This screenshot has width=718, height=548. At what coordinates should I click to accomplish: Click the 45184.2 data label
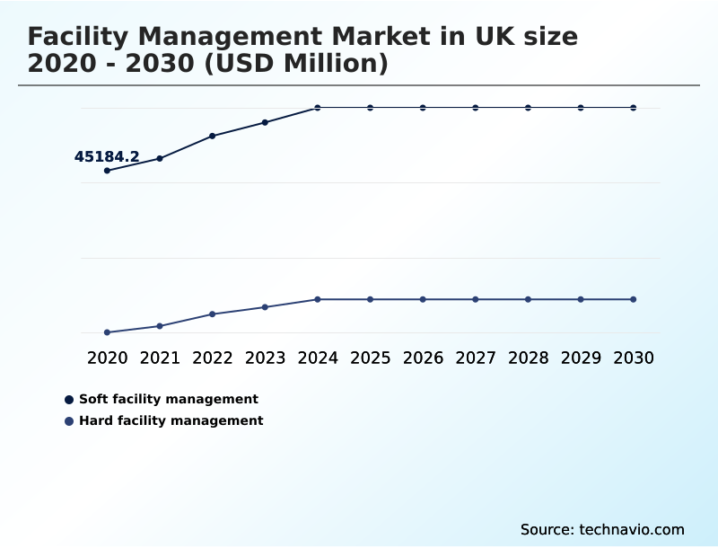(107, 157)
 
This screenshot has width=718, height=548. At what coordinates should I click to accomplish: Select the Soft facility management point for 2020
(108, 171)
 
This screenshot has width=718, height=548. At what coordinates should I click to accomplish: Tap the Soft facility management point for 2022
(213, 136)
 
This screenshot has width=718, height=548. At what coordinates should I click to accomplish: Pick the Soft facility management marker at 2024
(318, 108)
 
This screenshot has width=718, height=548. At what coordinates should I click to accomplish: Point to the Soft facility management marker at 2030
(634, 108)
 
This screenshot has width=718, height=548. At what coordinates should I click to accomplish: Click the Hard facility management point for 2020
(108, 332)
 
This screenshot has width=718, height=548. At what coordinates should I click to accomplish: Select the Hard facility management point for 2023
(265, 307)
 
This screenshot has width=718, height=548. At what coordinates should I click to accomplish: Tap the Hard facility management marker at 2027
(476, 299)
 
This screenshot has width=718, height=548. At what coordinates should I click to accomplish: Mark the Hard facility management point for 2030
(634, 299)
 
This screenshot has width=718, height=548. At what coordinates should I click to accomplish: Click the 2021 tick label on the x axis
(160, 358)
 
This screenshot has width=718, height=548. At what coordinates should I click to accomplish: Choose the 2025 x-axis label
(371, 358)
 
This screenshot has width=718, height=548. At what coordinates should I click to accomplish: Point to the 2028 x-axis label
(528, 358)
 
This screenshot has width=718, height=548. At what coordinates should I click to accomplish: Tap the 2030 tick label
(634, 358)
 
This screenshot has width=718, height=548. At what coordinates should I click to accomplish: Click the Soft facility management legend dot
(69, 400)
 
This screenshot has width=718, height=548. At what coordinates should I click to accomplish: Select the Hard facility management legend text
(171, 420)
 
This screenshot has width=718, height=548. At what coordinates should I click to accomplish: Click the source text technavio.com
(632, 529)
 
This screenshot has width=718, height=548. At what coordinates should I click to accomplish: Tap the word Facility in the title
(79, 37)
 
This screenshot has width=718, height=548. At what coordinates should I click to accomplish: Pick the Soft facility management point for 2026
(423, 108)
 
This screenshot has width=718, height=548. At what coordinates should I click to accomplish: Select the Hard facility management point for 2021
(160, 326)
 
